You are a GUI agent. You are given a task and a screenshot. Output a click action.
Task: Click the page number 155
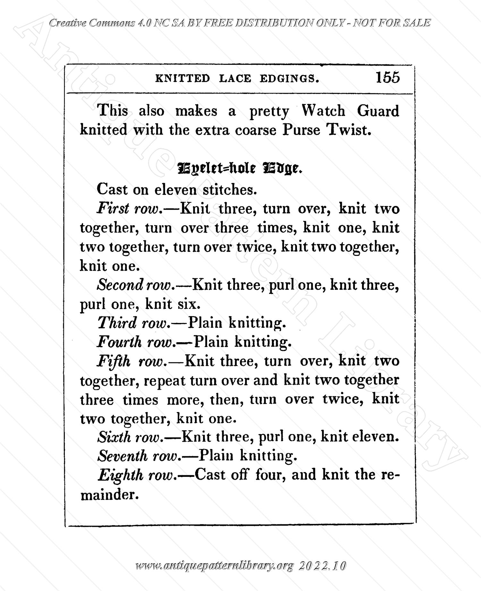point(388,78)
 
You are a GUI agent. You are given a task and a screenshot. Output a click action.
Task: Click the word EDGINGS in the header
point(289,79)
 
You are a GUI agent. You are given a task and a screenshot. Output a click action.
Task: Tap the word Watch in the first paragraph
point(323,111)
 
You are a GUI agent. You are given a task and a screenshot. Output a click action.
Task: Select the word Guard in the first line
point(378,111)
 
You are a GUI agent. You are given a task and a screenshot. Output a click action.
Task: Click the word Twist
point(349,130)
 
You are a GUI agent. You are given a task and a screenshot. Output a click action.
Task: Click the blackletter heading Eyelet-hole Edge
point(240,168)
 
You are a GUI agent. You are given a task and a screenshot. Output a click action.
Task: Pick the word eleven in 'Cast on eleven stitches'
point(175,190)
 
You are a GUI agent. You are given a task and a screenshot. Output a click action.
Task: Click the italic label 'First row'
point(128,209)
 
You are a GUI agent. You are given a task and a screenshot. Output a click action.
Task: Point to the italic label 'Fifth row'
point(131,361)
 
